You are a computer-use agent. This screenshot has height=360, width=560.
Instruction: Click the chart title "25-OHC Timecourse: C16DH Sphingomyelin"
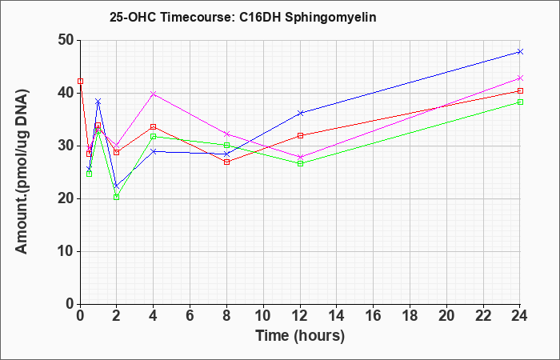click(243, 17)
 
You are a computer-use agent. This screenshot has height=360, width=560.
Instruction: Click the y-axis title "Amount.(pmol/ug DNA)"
click(22, 172)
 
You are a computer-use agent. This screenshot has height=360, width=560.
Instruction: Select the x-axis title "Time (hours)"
click(300, 336)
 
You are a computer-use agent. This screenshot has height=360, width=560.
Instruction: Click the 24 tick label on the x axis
click(520, 316)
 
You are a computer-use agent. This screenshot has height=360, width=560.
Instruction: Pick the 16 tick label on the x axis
click(374, 316)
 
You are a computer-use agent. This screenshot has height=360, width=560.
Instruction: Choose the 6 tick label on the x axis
click(190, 316)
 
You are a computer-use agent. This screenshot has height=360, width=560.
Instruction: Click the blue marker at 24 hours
click(520, 52)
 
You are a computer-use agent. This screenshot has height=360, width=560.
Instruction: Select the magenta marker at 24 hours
click(520, 78)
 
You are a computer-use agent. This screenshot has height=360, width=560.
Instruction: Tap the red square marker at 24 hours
click(520, 91)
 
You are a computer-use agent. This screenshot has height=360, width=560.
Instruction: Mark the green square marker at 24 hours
click(520, 102)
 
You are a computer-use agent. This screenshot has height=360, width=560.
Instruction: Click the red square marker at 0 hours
click(80, 82)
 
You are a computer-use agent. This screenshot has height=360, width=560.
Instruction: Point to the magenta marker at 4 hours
click(154, 94)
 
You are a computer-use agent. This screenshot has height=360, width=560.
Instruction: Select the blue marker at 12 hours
click(300, 114)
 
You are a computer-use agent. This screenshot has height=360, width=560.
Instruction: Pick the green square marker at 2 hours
click(117, 197)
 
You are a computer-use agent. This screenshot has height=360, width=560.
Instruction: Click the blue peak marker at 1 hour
click(98, 102)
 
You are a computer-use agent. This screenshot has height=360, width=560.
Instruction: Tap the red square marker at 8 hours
click(226, 162)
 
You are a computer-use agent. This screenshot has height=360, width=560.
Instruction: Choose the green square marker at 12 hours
click(300, 163)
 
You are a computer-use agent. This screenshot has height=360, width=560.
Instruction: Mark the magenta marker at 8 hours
click(226, 134)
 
